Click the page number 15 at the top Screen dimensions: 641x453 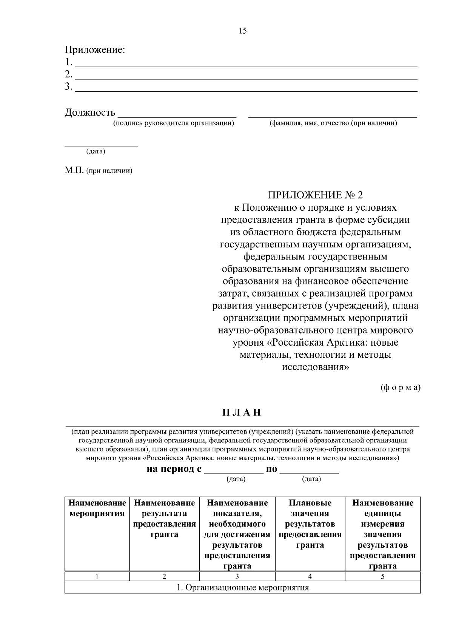tap(243, 31)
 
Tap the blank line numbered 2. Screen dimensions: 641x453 tap(246, 75)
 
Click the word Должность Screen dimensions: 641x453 tap(90, 112)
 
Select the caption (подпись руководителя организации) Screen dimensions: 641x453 tap(174, 123)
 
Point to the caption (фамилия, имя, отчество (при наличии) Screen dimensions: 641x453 tap(333, 123)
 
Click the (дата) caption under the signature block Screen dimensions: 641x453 tap(96, 151)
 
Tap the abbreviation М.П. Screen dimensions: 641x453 tap(74, 170)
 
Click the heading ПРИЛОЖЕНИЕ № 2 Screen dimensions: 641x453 tap(315, 195)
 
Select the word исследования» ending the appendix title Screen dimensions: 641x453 tap(315, 367)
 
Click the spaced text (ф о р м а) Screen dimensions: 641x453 tap(400, 388)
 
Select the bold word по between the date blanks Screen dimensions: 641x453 tap(271, 469)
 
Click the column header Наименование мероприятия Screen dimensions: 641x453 tap(97, 508)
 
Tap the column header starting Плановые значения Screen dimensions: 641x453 tap(310, 524)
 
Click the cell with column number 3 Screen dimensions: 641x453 tap(237, 576)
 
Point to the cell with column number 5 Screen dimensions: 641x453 tap(382, 576)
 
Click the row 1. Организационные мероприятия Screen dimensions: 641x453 tap(242, 588)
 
